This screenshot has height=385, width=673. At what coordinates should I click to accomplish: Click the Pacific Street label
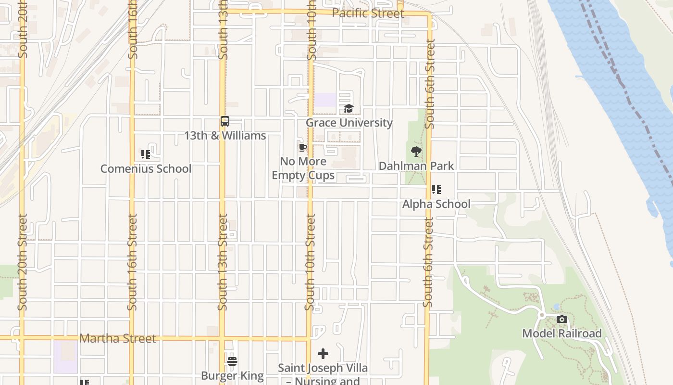click(368, 13)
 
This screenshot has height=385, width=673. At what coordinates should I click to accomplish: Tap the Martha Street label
click(117, 338)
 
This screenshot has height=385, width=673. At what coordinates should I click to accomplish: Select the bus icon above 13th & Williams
click(224, 121)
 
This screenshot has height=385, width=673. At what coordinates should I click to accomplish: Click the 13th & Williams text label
click(225, 136)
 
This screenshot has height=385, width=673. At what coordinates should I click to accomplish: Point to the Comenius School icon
click(146, 154)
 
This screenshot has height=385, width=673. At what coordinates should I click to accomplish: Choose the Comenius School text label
click(146, 169)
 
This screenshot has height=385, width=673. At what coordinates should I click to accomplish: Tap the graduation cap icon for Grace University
click(349, 109)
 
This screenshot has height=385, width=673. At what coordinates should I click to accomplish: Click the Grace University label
click(349, 123)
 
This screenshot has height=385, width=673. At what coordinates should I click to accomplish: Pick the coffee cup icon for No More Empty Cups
click(302, 147)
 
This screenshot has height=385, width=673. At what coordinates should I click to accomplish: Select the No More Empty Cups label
click(303, 168)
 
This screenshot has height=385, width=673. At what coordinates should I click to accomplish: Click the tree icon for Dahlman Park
click(416, 152)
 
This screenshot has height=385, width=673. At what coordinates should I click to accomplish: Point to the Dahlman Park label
click(416, 166)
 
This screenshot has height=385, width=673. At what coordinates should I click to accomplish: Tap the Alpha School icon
click(436, 190)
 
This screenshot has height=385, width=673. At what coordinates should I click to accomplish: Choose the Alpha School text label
click(436, 204)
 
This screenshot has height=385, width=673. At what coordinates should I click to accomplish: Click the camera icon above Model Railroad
click(561, 320)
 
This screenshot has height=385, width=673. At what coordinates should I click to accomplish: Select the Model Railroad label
click(561, 334)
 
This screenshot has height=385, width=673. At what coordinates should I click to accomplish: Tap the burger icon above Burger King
click(232, 361)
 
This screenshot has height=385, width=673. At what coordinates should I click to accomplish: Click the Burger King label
click(232, 376)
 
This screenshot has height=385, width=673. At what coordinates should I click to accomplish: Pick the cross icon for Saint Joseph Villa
click(323, 354)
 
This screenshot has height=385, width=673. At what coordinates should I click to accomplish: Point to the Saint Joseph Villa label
click(323, 369)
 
